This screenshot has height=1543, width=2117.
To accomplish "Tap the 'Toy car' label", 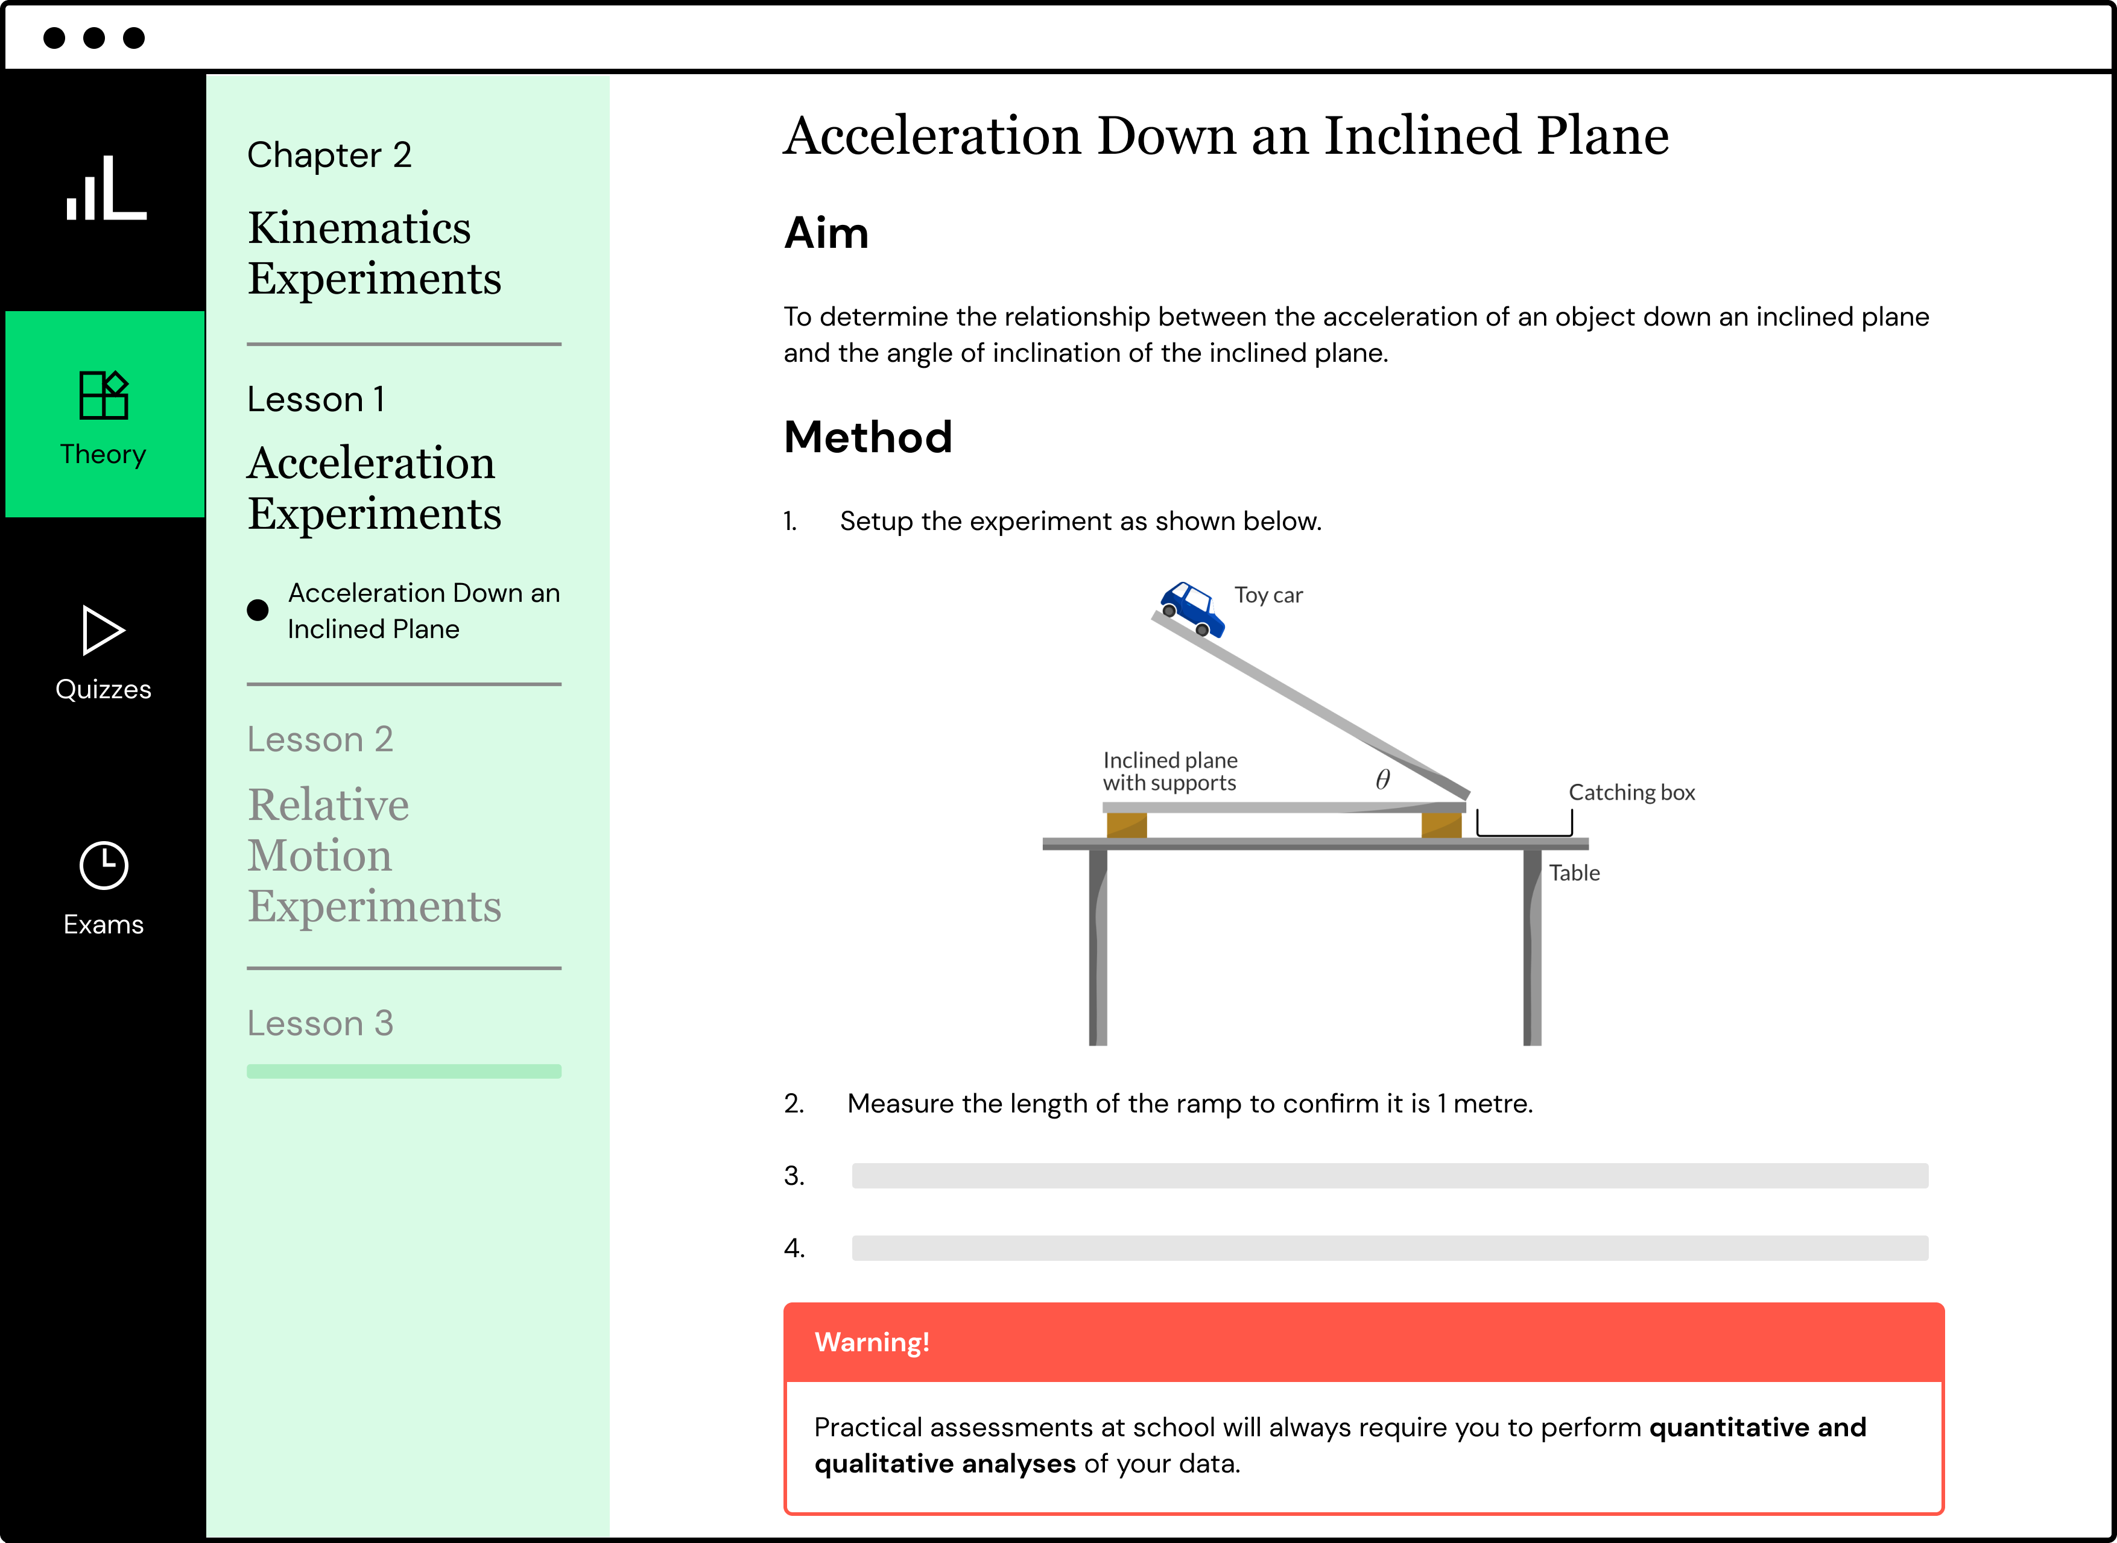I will pos(1268,596).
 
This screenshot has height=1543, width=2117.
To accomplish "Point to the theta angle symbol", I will pos(1382,779).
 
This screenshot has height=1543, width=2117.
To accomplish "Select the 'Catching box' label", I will pos(1631,793).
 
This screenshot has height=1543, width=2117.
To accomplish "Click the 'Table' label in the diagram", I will pos(1574,873).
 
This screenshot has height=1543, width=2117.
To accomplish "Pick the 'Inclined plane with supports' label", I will pos(1169,772).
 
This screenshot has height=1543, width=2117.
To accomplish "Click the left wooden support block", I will pos(1127,825).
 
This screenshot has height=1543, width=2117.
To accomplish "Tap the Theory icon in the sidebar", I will pos(104,395).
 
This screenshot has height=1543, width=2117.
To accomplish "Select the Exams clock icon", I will pos(104,866).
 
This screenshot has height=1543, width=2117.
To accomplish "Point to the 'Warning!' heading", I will pos(872,1342).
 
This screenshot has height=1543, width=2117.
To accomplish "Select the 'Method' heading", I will pos(868,437).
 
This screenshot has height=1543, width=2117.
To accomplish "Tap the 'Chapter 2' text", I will pos(329,155).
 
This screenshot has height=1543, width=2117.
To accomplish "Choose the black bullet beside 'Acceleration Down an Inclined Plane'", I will pos(258,611).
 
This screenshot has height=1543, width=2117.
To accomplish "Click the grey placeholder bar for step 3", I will pos(1389,1176).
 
